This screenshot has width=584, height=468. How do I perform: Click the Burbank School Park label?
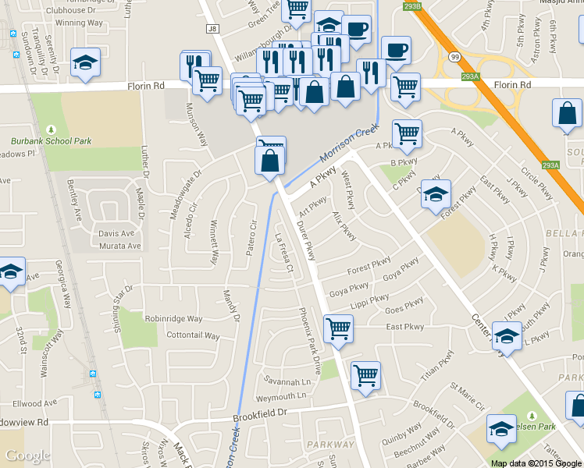point(52,141)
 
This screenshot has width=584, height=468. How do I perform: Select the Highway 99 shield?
point(454,56)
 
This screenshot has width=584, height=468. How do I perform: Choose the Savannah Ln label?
point(287,381)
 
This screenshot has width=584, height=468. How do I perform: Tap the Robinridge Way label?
point(173,319)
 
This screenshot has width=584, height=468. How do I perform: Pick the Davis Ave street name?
point(116,233)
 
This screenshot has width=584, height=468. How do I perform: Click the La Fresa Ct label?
point(283,253)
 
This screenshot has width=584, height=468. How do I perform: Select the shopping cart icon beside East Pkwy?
point(339,328)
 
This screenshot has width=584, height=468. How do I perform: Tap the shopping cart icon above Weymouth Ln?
point(365,375)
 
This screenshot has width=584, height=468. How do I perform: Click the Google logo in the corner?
point(27,456)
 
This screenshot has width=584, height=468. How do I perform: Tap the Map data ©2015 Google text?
point(536,463)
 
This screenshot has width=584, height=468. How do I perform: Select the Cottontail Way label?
point(194,336)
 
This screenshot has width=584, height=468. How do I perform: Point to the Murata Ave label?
point(119,246)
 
